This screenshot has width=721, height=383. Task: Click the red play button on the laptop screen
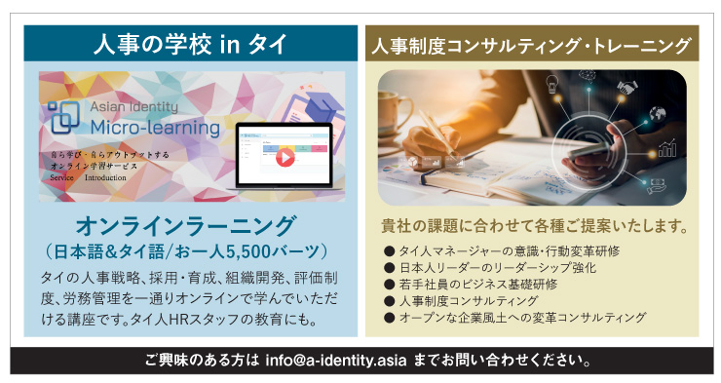[286, 155]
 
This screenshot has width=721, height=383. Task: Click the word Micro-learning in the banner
[142, 127]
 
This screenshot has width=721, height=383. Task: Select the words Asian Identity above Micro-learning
[134, 107]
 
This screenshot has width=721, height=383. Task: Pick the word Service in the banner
[61, 178]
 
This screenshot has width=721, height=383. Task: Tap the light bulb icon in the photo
[551, 84]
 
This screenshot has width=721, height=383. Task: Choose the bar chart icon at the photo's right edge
[667, 149]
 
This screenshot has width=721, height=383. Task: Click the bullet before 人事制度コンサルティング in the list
[390, 301]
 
